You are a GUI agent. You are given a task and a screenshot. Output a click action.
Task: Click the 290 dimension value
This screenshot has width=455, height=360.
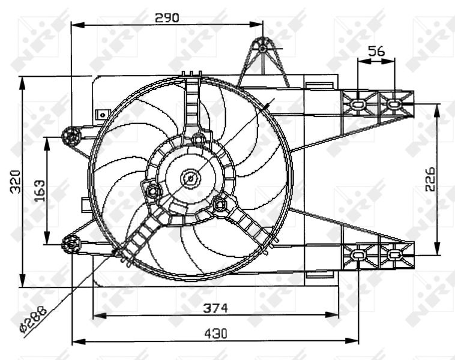click(167, 17)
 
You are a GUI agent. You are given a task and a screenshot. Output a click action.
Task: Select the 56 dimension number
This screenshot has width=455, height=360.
click(376, 52)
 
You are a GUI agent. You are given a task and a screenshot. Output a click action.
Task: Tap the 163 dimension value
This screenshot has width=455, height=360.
click(40, 190)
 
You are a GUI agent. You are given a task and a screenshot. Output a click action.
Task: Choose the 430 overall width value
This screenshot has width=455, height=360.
click(215, 334)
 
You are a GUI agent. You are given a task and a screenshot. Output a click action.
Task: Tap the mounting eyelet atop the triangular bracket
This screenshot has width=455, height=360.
click(263, 44)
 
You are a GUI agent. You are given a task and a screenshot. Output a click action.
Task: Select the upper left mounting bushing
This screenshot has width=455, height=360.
click(71, 137)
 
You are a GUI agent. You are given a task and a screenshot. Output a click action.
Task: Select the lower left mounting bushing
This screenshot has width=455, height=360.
click(71, 243)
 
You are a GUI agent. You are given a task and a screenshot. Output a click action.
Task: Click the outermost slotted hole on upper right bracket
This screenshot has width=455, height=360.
click(394, 104)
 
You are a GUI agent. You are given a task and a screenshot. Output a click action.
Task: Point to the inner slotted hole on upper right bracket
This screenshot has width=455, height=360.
click(358, 104)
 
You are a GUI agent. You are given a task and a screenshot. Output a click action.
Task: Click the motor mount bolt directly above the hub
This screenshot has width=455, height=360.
click(199, 140)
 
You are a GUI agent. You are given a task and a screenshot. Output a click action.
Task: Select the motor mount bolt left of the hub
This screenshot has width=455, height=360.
click(152, 191)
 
